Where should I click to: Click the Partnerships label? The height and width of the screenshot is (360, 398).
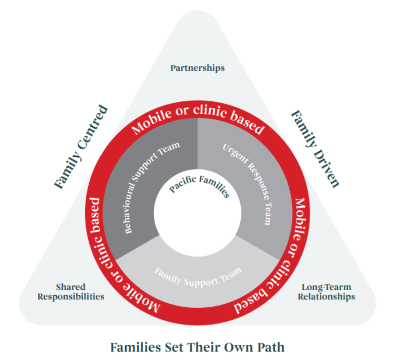click(x=197, y=68)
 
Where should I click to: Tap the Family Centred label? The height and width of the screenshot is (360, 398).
click(x=81, y=146)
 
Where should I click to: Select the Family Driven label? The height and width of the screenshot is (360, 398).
click(x=315, y=148)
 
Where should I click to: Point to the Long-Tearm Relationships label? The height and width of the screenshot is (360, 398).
click(x=326, y=292)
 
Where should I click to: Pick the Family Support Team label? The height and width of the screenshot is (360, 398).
click(x=198, y=276)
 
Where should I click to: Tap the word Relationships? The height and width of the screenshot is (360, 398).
click(x=326, y=297)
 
